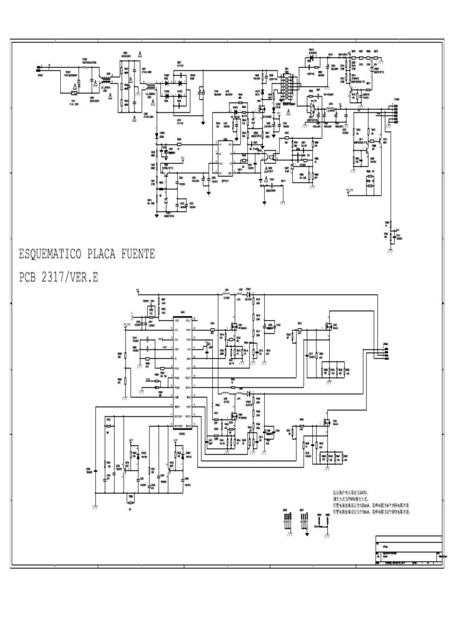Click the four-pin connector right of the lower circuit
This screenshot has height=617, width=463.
385,352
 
